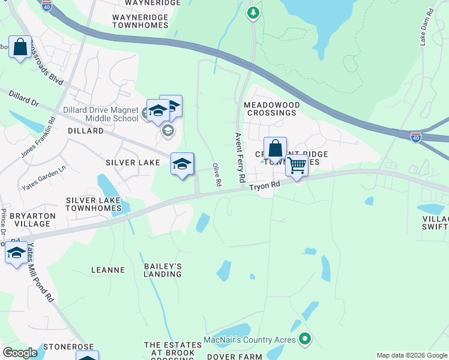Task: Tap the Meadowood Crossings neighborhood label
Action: click(x=271, y=109)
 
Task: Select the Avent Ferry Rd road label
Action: click(x=240, y=158)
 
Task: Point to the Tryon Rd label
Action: click(x=265, y=187)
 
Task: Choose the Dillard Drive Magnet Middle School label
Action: click(x=101, y=114)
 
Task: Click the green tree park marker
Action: click(x=253, y=13)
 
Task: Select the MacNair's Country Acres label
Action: click(x=249, y=340)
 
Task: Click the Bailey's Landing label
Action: click(x=162, y=270)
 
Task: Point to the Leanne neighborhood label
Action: click(x=107, y=270)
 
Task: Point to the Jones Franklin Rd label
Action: click(x=37, y=137)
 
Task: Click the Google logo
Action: click(x=20, y=353)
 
